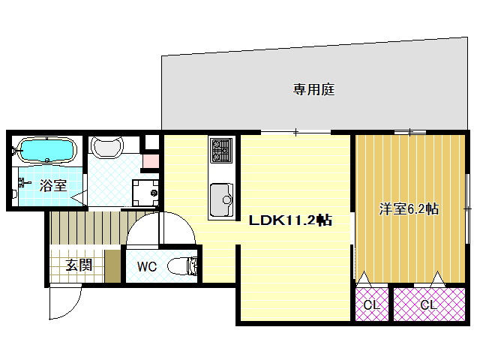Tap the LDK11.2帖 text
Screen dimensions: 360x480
(x=291, y=220)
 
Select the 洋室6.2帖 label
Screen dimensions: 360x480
(x=409, y=210)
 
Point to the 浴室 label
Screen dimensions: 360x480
(x=52, y=186)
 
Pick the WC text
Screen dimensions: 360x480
(x=146, y=266)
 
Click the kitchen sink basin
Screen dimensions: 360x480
(x=220, y=198)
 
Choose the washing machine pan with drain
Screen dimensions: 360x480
(x=143, y=192)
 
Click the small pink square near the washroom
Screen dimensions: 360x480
(x=151, y=160)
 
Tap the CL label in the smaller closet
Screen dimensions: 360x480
(x=370, y=305)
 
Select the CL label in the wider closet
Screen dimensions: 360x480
(x=428, y=305)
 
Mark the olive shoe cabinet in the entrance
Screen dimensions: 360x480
(x=112, y=266)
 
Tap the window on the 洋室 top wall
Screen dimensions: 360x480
(x=411, y=133)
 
